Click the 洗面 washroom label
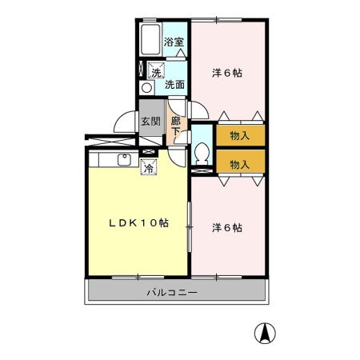[175, 83]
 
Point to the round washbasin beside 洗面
[146, 87]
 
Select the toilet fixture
[201, 150]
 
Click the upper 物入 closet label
[239, 135]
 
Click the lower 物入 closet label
[239, 164]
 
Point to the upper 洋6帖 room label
[227, 73]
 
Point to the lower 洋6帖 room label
[227, 227]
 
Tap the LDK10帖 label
[138, 222]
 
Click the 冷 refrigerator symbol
[148, 167]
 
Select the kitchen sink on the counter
[124, 159]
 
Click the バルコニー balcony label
[172, 293]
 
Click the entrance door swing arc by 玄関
[124, 120]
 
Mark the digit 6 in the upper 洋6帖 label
[227, 73]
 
